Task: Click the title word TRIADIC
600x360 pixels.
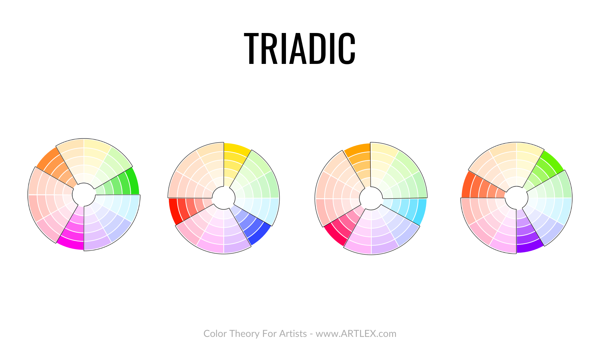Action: click(x=300, y=49)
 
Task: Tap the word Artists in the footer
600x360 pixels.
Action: click(x=293, y=334)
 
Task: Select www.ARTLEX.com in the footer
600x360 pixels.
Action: click(x=356, y=334)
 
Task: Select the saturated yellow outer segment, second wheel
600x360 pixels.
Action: click(x=237, y=148)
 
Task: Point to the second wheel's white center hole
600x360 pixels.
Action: click(x=223, y=198)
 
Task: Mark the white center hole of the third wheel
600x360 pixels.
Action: click(x=371, y=198)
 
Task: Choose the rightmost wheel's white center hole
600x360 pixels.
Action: click(x=516, y=198)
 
